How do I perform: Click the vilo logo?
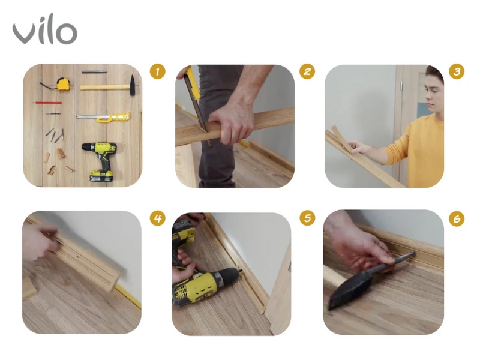pyautogui.click(x=44, y=29)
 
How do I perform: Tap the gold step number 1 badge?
pyautogui.click(x=157, y=71)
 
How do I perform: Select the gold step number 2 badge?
pyautogui.click(x=307, y=71)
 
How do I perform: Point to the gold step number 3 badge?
pyautogui.click(x=457, y=71)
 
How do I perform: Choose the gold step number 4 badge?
pyautogui.click(x=157, y=218)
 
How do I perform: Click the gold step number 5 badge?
pyautogui.click(x=307, y=218)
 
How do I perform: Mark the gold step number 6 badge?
pyautogui.click(x=457, y=218)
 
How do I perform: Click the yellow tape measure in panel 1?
pyautogui.click(x=63, y=84)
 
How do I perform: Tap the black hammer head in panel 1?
pyautogui.click(x=133, y=85)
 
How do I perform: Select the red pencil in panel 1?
pyautogui.click(x=48, y=103)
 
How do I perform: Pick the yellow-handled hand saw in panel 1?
pyautogui.click(x=103, y=117)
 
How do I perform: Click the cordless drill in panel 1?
pyautogui.click(x=100, y=161)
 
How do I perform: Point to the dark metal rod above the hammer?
pyautogui.click(x=94, y=72)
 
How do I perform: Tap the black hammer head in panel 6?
pyautogui.click(x=349, y=290)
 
